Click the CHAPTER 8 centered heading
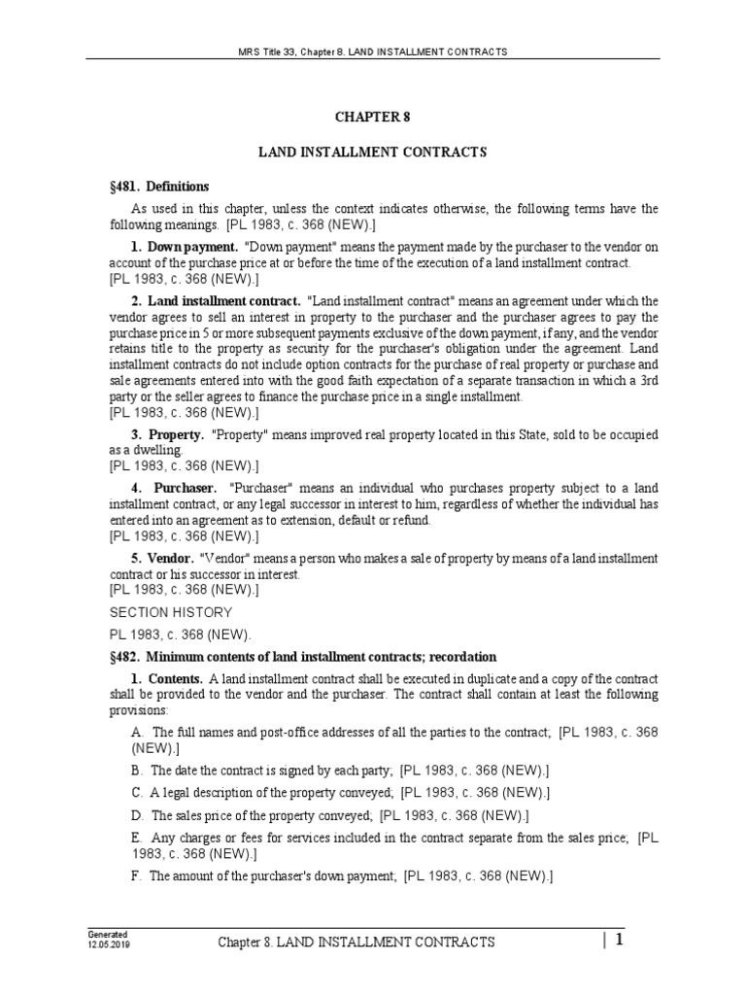(x=372, y=117)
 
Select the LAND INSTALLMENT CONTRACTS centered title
(x=372, y=152)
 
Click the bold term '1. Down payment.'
(x=185, y=247)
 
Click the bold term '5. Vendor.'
(x=163, y=559)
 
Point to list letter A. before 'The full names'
(x=138, y=732)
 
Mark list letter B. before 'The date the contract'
(x=137, y=770)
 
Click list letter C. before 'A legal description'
(x=137, y=792)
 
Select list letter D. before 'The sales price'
(x=138, y=815)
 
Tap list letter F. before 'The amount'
(x=137, y=875)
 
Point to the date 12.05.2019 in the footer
(x=107, y=944)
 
